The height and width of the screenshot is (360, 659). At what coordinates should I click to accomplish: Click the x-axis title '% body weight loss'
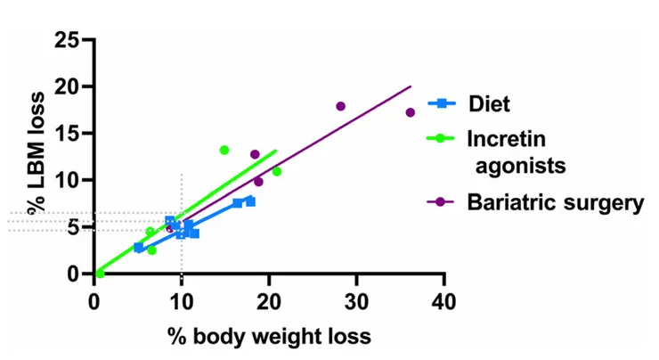(x=269, y=336)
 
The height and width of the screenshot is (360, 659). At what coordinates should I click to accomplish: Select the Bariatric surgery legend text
(x=554, y=202)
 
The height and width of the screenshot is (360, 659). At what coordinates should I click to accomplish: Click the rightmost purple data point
(x=411, y=112)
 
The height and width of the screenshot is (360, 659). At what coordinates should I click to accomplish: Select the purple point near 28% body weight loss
(x=340, y=106)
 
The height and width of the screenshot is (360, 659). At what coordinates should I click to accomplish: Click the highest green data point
(x=224, y=150)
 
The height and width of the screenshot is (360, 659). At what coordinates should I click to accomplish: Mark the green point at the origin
(x=99, y=273)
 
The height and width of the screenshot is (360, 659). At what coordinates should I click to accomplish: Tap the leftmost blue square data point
(x=138, y=247)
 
